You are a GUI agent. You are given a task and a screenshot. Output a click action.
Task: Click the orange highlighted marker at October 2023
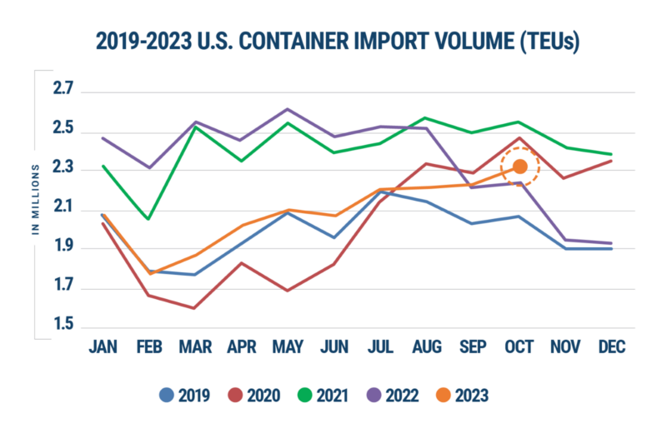tap(519, 167)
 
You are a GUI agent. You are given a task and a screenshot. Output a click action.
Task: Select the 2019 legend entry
tap(187, 395)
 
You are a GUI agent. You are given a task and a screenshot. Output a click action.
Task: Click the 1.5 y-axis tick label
tap(63, 324)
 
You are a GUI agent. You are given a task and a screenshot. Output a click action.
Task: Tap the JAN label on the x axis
tap(103, 346)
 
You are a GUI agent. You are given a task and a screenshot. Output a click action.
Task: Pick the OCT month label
tap(519, 346)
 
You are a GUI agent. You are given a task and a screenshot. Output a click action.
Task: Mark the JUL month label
tap(380, 346)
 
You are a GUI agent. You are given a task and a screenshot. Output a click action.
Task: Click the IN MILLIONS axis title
tap(37, 201)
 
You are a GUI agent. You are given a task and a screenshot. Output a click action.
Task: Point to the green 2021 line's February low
tap(148, 220)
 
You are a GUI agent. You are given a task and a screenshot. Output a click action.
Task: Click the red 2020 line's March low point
tap(194, 308)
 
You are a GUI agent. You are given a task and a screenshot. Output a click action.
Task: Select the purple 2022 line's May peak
tap(288, 108)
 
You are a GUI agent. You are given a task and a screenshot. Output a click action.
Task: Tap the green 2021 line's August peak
tap(426, 117)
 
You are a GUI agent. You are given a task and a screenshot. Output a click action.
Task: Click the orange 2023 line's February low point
tap(149, 274)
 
